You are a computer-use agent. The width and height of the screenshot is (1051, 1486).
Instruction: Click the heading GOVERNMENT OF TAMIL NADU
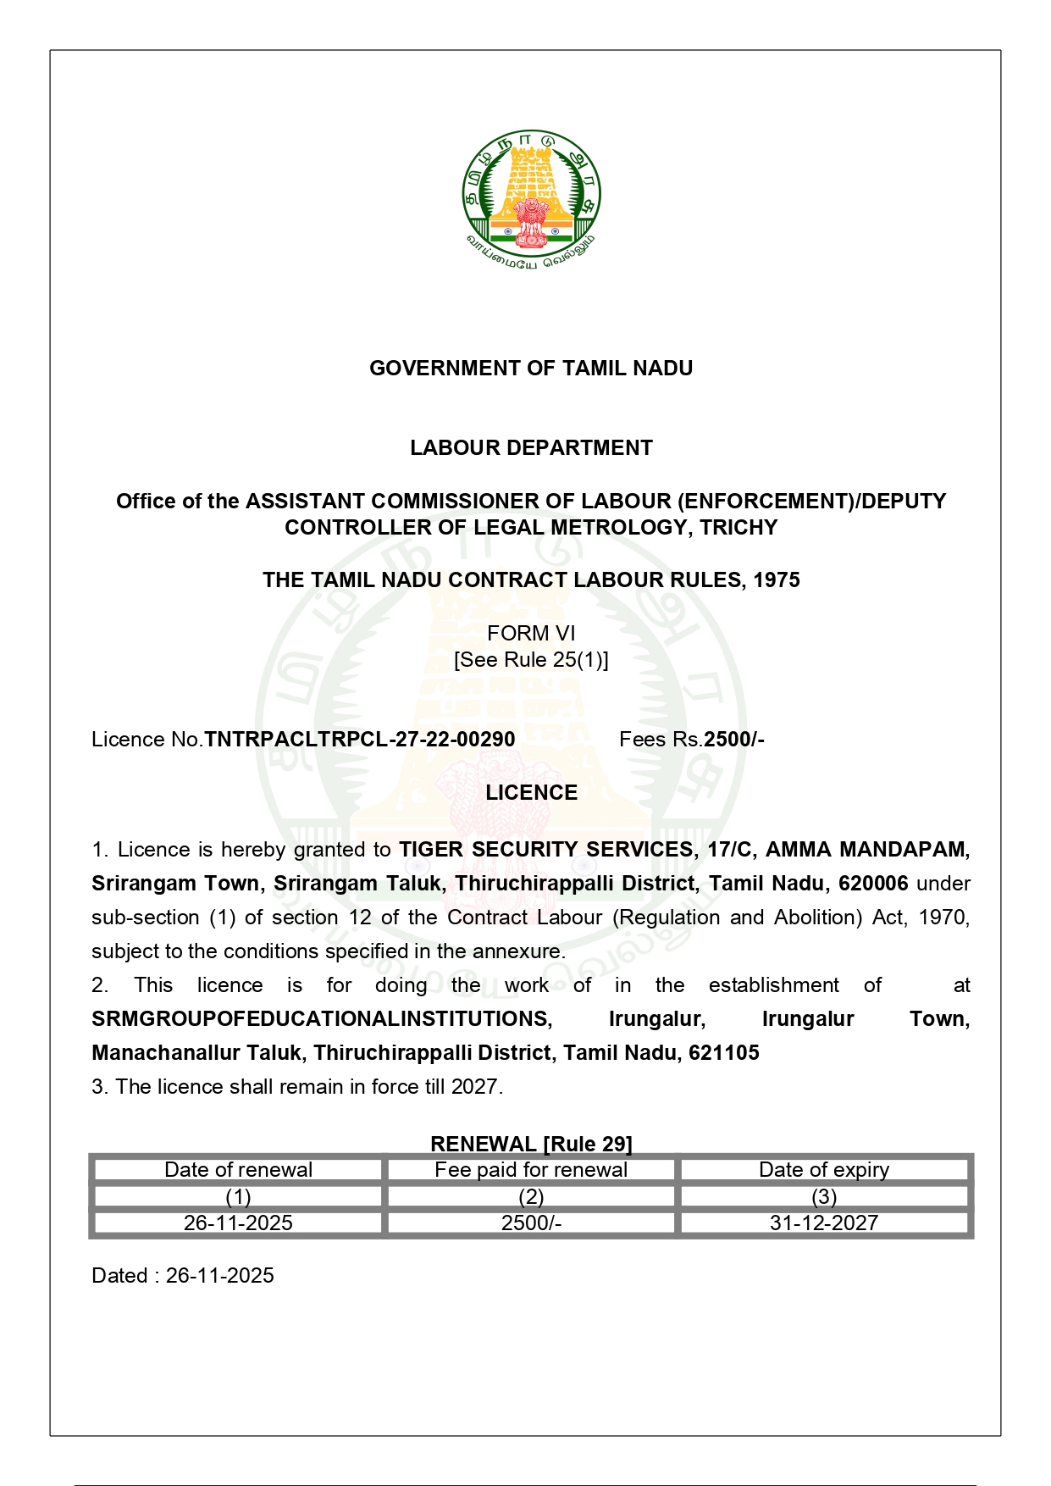[x=531, y=369]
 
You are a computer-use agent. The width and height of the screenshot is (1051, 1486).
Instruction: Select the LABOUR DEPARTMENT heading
[x=531, y=448]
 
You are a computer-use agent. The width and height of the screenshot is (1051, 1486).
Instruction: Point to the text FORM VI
[x=531, y=634]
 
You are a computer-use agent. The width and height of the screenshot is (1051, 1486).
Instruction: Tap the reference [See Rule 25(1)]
[x=531, y=660]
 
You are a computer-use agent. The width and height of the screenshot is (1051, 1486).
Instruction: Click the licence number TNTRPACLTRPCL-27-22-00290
[x=360, y=740]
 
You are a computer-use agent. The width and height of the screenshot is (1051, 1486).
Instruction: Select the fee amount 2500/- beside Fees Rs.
[x=734, y=740]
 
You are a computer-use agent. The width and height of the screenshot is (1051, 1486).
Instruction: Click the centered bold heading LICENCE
[x=531, y=793]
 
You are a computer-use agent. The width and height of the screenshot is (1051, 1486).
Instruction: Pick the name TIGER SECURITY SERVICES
[x=546, y=850]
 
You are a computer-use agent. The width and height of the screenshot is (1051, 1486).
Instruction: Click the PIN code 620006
[x=873, y=884]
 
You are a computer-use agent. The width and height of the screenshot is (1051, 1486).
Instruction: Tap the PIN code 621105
[x=724, y=1053]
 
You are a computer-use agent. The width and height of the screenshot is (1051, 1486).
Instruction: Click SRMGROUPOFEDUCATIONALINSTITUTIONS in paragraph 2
[x=322, y=1019]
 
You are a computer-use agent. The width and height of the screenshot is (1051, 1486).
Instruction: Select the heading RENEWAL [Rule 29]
[x=531, y=1144]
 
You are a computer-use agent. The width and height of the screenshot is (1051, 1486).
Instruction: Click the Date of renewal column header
[x=238, y=1170]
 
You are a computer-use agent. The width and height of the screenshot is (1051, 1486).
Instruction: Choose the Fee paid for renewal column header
[x=531, y=1170]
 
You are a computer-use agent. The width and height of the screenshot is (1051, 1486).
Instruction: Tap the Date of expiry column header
[x=824, y=1170]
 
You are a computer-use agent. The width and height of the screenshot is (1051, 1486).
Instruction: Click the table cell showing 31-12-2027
[x=824, y=1223]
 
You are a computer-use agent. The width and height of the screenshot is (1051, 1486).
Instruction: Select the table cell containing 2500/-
[x=531, y=1223]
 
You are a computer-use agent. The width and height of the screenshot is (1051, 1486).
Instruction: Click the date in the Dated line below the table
[x=220, y=1276]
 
